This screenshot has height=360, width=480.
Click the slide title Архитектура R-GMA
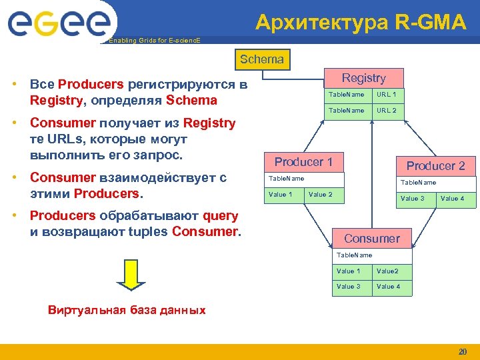click(x=361, y=23)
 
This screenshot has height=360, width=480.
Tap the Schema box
click(x=261, y=59)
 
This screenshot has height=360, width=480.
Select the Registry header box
click(x=363, y=78)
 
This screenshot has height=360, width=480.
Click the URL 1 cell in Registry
click(x=386, y=95)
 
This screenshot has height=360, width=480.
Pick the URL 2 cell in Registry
click(x=386, y=111)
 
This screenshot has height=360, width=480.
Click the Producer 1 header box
click(x=303, y=162)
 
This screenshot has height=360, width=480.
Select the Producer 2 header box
click(x=435, y=166)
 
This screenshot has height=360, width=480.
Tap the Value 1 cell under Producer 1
click(x=281, y=195)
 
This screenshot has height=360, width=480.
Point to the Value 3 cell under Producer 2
click(x=413, y=199)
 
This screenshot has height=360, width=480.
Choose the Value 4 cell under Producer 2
click(x=453, y=199)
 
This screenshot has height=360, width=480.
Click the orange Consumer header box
click(x=371, y=239)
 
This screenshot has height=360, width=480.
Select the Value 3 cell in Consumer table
click(x=349, y=287)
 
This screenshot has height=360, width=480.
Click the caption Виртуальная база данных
click(x=127, y=310)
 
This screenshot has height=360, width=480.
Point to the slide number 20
click(x=462, y=351)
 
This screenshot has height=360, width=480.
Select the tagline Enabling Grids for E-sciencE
click(x=154, y=41)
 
